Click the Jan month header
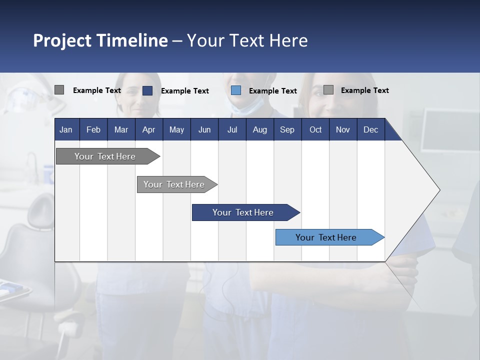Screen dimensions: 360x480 [x=66, y=129]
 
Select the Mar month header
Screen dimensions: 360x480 [x=121, y=129]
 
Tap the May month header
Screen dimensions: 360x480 [x=176, y=129]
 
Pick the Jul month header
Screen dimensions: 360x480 [x=232, y=129]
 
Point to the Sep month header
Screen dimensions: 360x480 [x=287, y=129]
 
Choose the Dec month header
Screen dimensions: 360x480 [x=370, y=129]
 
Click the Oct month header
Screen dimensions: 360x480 [x=315, y=129]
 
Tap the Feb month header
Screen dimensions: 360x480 [x=93, y=129]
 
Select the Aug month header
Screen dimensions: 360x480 [x=259, y=129]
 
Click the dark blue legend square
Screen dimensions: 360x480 [x=147, y=90]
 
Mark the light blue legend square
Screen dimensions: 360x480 [x=236, y=90]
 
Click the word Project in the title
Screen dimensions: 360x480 [x=62, y=40]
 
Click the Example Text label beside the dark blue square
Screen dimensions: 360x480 [x=185, y=91]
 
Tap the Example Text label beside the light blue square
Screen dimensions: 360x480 [x=273, y=91]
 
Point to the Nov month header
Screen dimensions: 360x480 [x=343, y=129]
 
